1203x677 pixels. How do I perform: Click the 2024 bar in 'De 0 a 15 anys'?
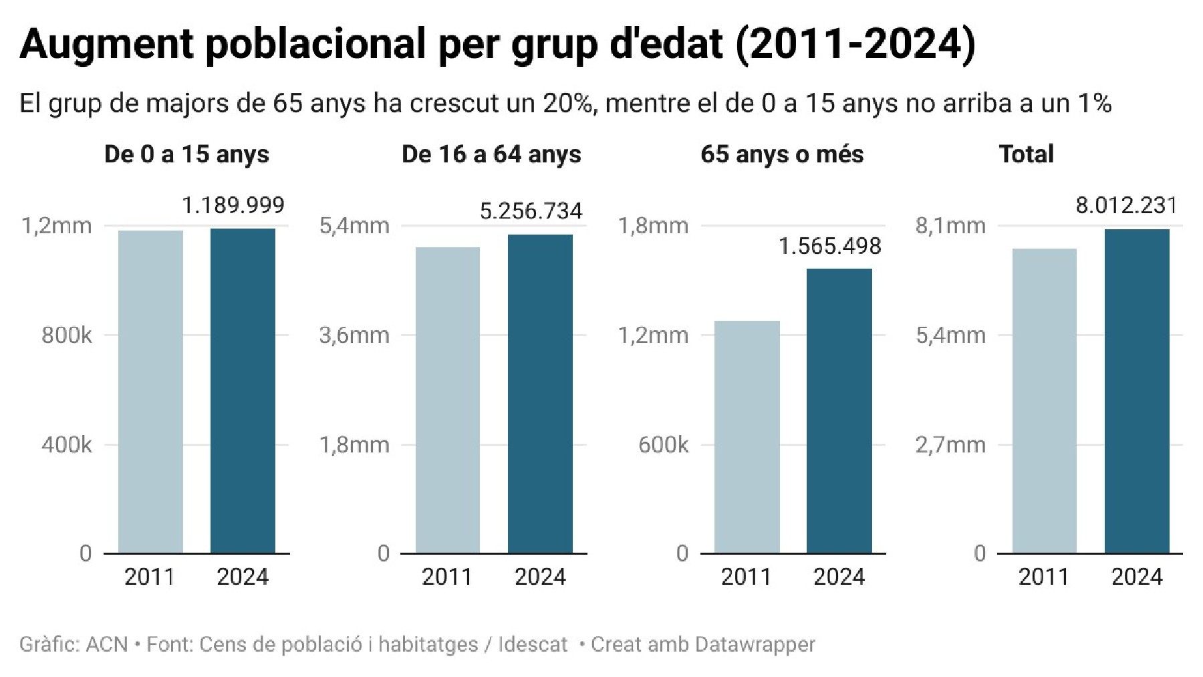243,391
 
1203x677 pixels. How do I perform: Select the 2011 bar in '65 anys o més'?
747,437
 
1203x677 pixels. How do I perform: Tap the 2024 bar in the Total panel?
1137,391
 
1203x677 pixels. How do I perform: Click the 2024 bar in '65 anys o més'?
839,411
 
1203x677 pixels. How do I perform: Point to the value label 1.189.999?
233,205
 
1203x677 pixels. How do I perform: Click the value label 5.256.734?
531,211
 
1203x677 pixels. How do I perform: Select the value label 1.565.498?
830,247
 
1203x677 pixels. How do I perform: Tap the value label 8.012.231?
1127,205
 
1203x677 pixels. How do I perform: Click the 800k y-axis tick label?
67,335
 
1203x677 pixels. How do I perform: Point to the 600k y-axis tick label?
663,444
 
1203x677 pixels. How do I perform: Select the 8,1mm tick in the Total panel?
950,226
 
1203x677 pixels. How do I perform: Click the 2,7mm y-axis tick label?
950,444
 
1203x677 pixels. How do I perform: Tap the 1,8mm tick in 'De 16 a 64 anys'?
354,444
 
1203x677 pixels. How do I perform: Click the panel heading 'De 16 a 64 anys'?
491,154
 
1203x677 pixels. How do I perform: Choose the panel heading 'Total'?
1026,154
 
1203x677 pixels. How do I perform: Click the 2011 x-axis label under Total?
1044,577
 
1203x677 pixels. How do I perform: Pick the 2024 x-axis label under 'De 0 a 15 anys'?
243,577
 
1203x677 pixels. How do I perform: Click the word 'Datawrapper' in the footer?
755,645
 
